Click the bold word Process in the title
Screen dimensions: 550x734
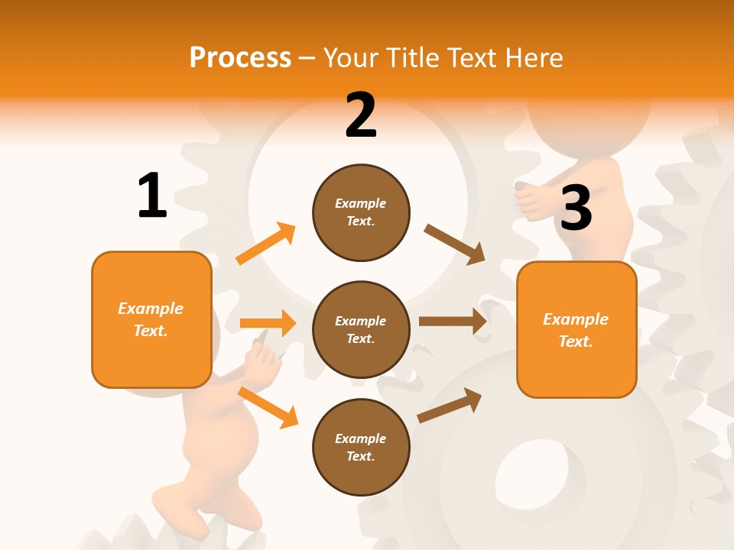pos(240,57)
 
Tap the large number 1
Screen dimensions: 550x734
pos(152,196)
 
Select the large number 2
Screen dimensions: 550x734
pos(361,115)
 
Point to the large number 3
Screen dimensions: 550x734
pos(576,208)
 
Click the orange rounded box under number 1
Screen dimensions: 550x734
pos(151,319)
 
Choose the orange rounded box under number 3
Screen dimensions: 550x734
pos(576,329)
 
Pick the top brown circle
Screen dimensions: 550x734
pos(361,212)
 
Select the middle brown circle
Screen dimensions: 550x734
pos(361,329)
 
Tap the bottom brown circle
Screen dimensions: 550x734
pos(361,447)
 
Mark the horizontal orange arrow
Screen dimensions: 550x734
pos(268,323)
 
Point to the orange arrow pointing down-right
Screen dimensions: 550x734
pos(268,407)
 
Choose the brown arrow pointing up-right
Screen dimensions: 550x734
pos(450,406)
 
